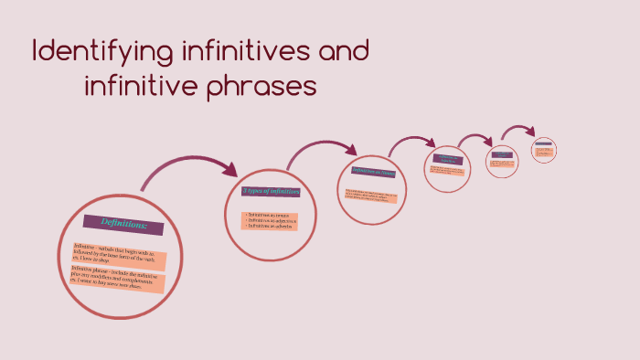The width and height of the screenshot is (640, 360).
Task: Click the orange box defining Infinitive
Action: coord(120,255)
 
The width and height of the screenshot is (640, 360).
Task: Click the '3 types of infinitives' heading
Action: coord(272,191)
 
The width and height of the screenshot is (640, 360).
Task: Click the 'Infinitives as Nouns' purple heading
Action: coord(375,172)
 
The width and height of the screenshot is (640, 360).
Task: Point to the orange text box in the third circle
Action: coord(371,196)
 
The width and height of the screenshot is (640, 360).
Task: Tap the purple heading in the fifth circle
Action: coord(502,154)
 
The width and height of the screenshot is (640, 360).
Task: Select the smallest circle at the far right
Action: coord(544,149)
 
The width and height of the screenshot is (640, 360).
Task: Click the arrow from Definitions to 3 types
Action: coord(187,165)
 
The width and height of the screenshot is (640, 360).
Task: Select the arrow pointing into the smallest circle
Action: coord(521,130)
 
